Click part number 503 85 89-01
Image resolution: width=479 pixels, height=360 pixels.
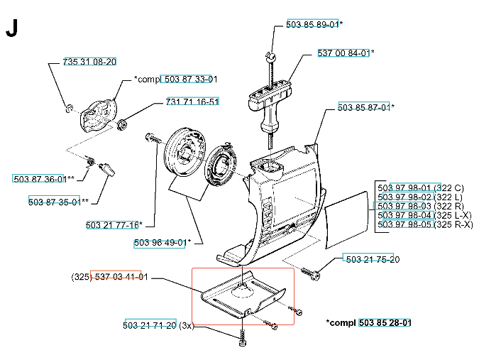312,24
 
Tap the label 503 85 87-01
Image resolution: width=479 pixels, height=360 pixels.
363,108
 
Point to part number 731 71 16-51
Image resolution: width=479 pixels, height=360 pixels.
192,102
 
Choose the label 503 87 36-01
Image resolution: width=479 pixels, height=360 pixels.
39,178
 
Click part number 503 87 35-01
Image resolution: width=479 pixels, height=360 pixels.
54,202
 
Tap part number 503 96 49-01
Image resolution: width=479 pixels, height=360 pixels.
160,243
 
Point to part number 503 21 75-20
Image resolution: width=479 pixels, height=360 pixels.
372,259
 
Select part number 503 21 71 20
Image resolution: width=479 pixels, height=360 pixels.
150,325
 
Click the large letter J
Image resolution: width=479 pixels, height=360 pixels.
11,29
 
